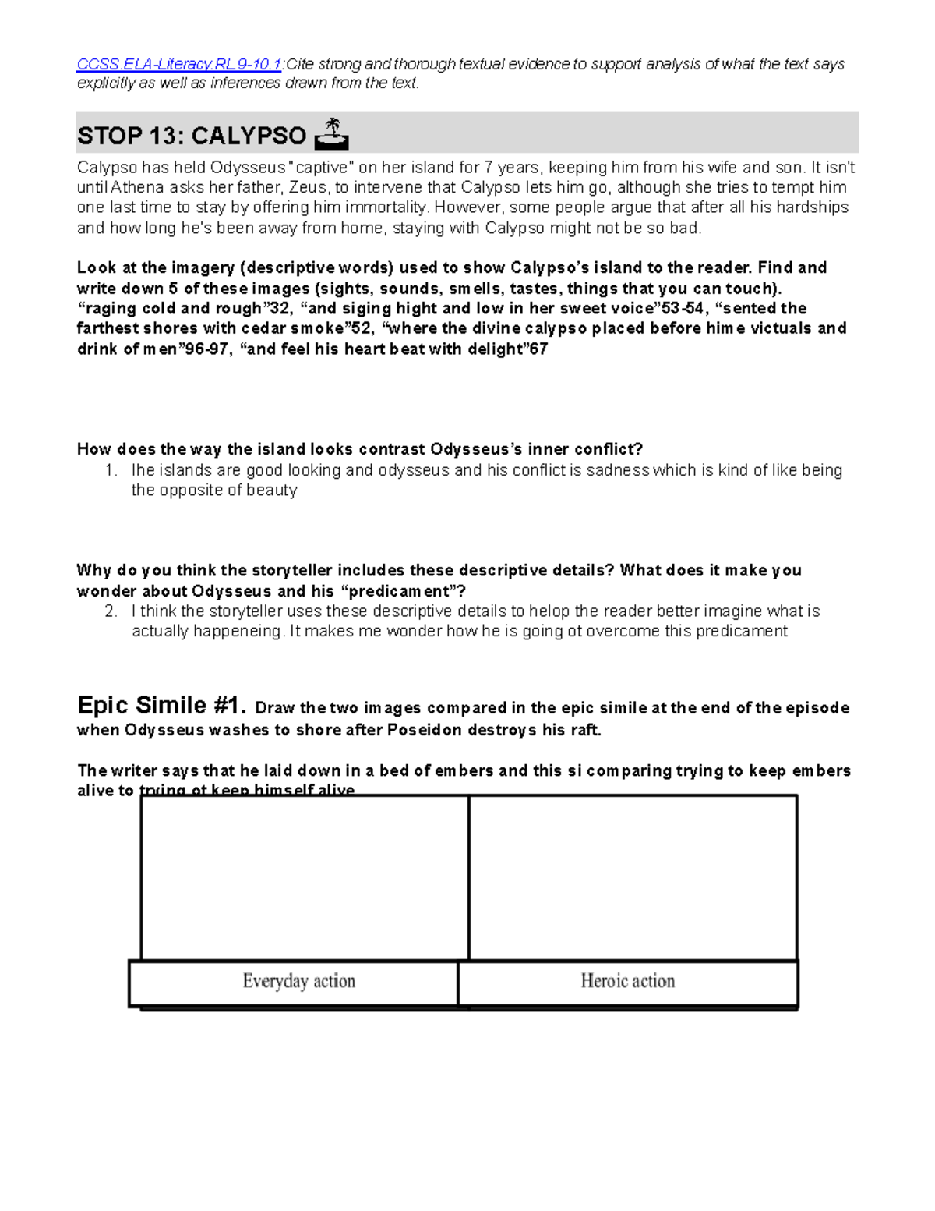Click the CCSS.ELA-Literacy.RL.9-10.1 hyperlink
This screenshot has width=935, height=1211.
[178, 64]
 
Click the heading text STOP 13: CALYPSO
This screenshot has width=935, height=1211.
[192, 136]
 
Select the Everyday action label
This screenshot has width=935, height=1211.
[298, 981]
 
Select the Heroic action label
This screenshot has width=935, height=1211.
[627, 981]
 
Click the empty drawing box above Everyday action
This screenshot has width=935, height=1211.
[305, 877]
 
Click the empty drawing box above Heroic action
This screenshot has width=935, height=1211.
[633, 877]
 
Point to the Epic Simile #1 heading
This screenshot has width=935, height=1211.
[161, 706]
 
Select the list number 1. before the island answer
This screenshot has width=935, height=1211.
[111, 470]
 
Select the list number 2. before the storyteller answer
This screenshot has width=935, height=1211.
[111, 611]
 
